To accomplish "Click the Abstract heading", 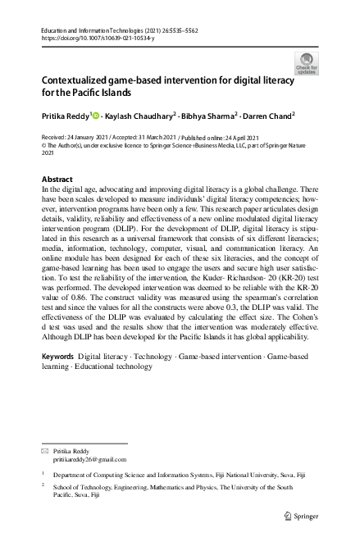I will (57, 178).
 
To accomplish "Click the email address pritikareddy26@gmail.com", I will (87, 460).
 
